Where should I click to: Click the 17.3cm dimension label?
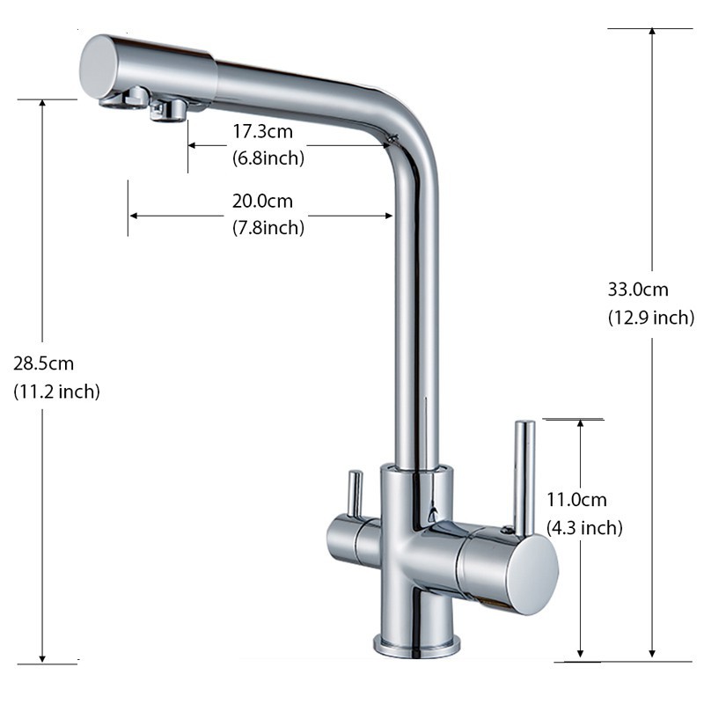click(262, 131)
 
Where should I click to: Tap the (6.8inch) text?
click(268, 158)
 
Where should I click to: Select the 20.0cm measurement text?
click(262, 202)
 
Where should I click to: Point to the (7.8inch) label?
click(268, 228)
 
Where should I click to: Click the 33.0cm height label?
click(638, 290)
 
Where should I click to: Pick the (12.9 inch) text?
click(651, 318)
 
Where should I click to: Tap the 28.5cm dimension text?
click(43, 363)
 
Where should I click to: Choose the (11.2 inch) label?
click(56, 392)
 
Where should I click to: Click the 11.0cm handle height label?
click(576, 500)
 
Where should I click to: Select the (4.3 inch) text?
click(584, 527)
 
